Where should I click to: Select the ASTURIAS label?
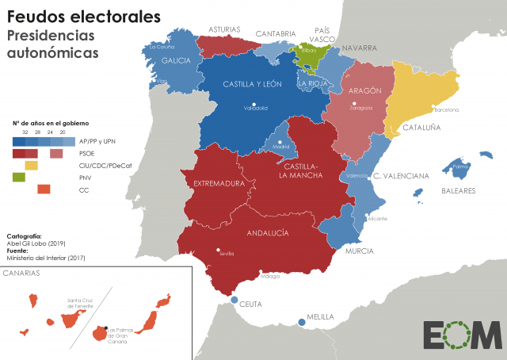coord(224,29)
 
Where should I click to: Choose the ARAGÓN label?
coord(364,90)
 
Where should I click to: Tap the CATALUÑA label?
coord(422,126)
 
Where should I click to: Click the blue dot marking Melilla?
coord(301,322)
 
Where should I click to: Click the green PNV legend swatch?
coord(18,177)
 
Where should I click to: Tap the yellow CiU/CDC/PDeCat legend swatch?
coord(32,165)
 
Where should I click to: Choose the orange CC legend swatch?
coord(44,189)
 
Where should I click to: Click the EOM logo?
coord(461,335)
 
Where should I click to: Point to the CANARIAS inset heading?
coord(22,274)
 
